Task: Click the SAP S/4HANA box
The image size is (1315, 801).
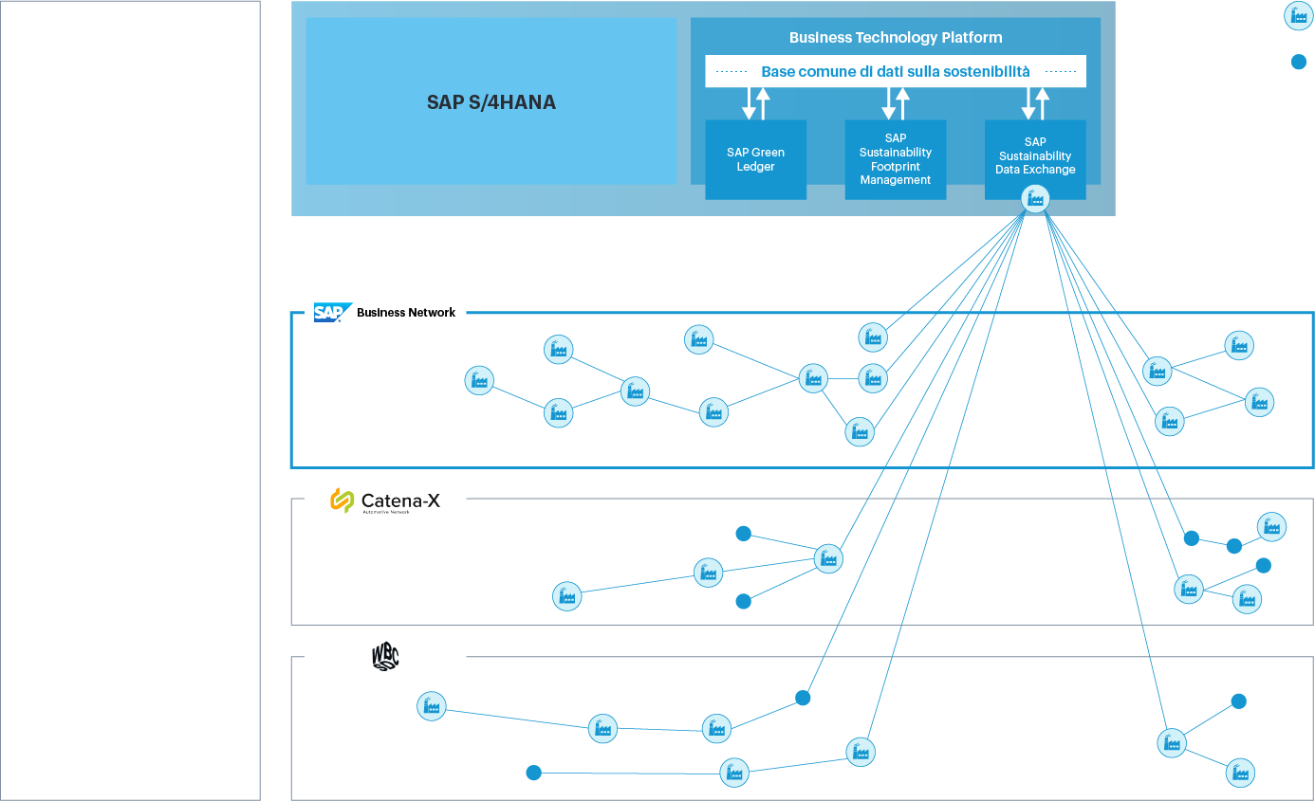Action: coord(491,101)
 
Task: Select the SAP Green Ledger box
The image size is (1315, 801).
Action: coord(755,159)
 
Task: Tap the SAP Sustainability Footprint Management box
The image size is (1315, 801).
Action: coord(895,158)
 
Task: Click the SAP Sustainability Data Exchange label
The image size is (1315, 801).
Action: coord(1035,156)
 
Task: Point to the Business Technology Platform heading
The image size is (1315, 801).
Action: coord(895,38)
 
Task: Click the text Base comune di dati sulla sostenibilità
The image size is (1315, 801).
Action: coord(895,72)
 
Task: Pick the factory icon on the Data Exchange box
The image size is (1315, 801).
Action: coord(1035,199)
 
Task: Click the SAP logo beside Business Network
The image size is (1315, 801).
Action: coord(333,313)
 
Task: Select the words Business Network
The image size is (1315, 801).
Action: coord(406,313)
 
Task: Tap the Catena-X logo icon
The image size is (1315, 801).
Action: coord(342,501)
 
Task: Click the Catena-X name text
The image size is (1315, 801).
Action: coord(401,500)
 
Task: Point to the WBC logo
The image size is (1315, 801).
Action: coord(384,658)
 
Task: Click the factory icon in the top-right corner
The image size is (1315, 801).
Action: coord(1298,15)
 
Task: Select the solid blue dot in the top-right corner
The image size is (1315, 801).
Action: coord(1298,63)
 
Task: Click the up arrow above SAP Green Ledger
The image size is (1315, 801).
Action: coord(763,102)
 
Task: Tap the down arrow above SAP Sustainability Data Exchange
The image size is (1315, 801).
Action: coord(1028,102)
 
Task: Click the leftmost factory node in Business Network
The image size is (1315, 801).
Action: coord(479,381)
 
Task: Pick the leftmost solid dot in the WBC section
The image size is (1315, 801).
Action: coord(533,773)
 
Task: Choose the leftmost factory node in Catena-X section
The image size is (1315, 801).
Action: coord(566,596)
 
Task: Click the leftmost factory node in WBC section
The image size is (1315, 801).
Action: coord(431,706)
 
